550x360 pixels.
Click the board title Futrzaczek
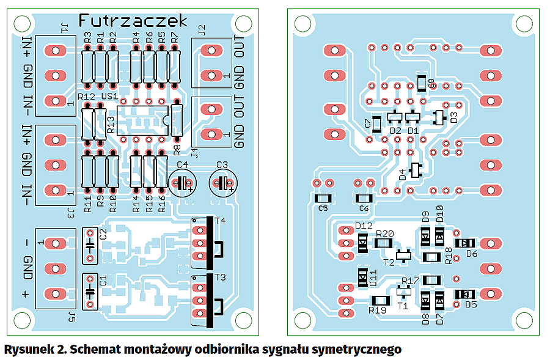[133, 21]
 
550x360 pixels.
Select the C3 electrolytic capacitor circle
[222, 182]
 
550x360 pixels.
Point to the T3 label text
[219, 277]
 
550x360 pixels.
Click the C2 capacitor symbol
[90, 245]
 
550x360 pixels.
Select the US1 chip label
[110, 97]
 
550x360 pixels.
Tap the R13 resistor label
[111, 124]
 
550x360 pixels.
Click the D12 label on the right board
[364, 226]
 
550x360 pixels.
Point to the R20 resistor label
[385, 233]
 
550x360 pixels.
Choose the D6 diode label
[471, 254]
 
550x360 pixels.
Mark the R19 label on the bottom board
[378, 310]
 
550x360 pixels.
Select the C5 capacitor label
[323, 208]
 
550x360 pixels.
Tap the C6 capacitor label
[364, 208]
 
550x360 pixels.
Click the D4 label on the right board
[402, 175]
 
